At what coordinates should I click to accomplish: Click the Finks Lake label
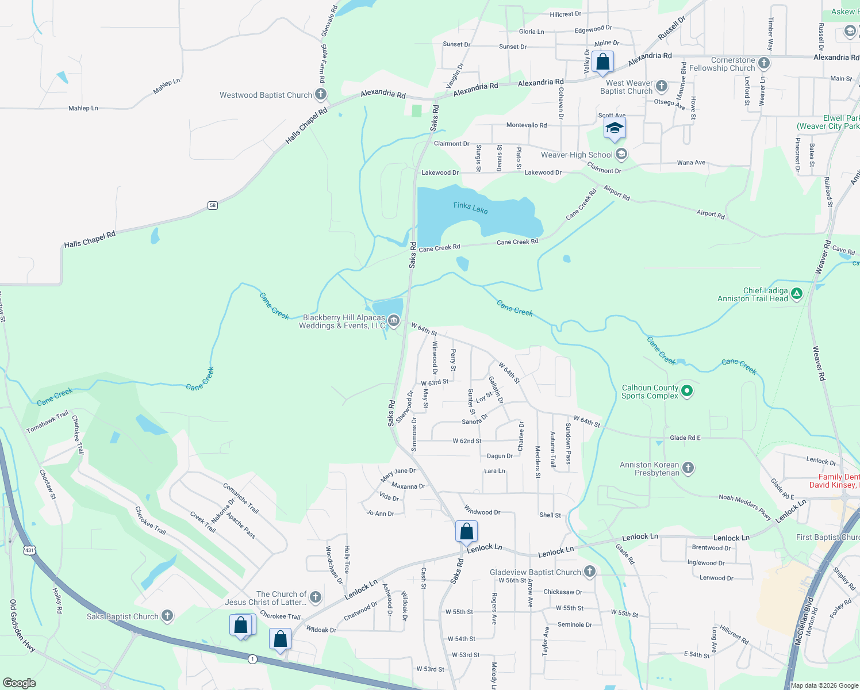pyautogui.click(x=470, y=208)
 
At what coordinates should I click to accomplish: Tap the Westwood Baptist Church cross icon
pyautogui.click(x=321, y=94)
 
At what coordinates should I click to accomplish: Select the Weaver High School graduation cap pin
pyautogui.click(x=614, y=129)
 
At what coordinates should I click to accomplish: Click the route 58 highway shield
pyautogui.click(x=213, y=205)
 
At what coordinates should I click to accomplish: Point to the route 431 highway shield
pyautogui.click(x=29, y=550)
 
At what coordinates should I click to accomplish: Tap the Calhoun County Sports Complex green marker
pyautogui.click(x=686, y=392)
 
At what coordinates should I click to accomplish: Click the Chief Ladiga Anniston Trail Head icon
pyautogui.click(x=796, y=294)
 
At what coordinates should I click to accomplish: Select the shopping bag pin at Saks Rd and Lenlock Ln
pyautogui.click(x=466, y=532)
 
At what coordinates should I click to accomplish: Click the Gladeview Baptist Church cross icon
pyautogui.click(x=589, y=572)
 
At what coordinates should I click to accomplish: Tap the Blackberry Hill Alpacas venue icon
pyautogui.click(x=393, y=321)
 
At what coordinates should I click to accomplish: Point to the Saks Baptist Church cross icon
pyautogui.click(x=167, y=616)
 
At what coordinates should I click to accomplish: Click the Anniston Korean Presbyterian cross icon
pyautogui.click(x=688, y=468)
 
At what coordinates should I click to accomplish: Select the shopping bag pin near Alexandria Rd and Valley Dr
pyautogui.click(x=602, y=62)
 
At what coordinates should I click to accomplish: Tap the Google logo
pyautogui.click(x=20, y=683)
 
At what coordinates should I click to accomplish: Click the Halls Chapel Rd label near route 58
pyautogui.click(x=90, y=240)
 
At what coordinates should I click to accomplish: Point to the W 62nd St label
pyautogui.click(x=467, y=441)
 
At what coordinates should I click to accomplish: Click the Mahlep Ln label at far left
pyautogui.click(x=83, y=108)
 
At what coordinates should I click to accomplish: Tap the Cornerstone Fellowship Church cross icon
pyautogui.click(x=763, y=63)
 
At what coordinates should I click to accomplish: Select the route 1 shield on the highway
pyautogui.click(x=252, y=659)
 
